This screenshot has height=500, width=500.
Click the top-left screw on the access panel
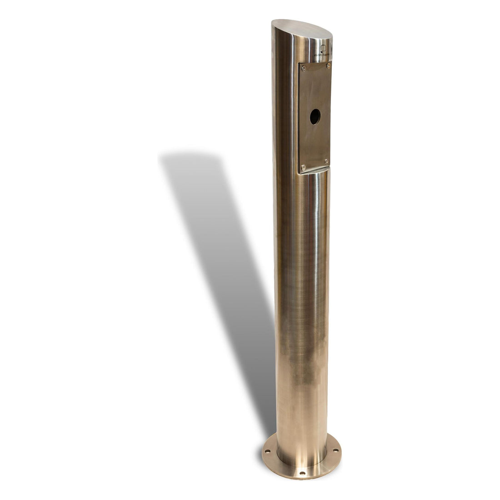click(x=303, y=69)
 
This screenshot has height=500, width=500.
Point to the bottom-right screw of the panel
click(x=326, y=161)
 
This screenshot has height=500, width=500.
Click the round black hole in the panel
click(x=315, y=117)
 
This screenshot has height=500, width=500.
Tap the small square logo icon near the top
click(x=323, y=48)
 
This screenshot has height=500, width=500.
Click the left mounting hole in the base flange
click(x=267, y=451)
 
